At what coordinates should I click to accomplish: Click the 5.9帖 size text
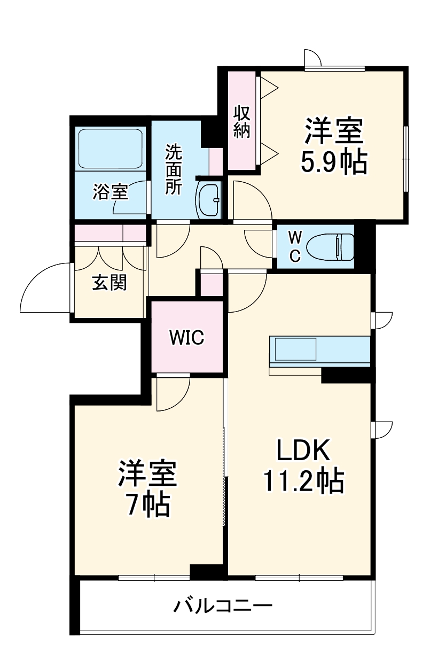coord(334,161)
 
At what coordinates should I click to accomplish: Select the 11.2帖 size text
coord(303,481)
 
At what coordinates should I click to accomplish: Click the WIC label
coord(186,337)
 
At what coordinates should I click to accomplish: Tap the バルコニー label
coord(223,606)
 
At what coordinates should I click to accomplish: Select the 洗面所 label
coord(173,169)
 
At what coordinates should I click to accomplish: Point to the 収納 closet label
coord(242,122)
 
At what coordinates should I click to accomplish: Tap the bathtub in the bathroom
coord(111,148)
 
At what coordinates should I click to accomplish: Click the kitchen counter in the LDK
coord(319,351)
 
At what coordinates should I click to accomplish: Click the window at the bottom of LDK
coord(299,577)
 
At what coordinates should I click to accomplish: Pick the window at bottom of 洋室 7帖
coord(154,577)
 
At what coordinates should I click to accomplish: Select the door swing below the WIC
coord(171,394)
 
